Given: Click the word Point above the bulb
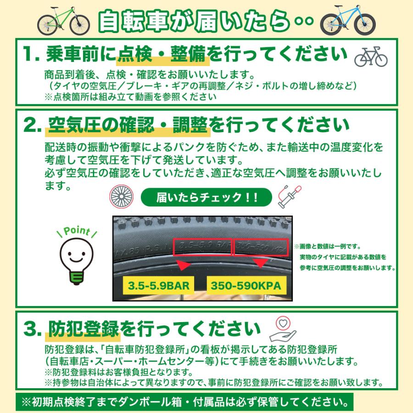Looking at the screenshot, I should tap(76, 231).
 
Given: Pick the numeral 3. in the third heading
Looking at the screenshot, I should tap(32, 329).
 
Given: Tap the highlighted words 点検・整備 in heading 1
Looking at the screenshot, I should tap(163, 55).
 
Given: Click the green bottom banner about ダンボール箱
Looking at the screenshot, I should tap(185, 401).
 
